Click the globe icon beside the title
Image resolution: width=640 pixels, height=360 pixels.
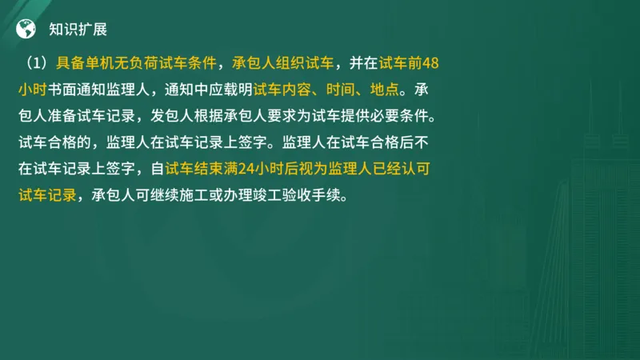click(26, 30)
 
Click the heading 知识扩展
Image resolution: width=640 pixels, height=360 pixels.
click(78, 30)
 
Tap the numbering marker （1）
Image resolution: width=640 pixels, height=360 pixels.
click(38, 62)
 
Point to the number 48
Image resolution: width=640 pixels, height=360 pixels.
click(430, 62)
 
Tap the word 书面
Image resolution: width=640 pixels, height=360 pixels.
click(63, 89)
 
